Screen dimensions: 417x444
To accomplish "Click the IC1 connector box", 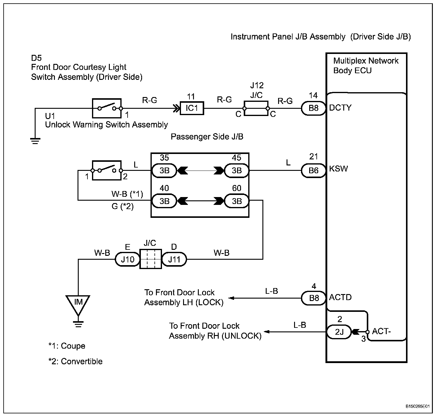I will (192, 108).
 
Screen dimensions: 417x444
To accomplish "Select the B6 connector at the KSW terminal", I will (313, 171).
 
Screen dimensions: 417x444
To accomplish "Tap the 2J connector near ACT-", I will (339, 332).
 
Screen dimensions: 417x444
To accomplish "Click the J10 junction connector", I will (127, 259).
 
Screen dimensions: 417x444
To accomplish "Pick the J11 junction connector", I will (174, 259).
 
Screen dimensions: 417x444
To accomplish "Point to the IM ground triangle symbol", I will (78, 303).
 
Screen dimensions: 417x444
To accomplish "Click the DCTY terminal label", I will (340, 108).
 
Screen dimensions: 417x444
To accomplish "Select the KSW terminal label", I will (338, 169).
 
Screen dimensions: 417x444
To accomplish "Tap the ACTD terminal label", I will (340, 297).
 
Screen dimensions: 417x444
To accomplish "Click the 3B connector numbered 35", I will (164, 171).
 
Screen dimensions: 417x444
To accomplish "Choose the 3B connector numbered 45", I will (237, 171).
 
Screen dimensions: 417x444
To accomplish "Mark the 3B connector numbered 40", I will (164, 201).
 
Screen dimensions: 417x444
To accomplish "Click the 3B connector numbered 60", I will (237, 201).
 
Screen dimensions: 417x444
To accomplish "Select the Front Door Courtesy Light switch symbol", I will (106, 108).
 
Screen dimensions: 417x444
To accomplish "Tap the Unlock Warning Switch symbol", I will (106, 170).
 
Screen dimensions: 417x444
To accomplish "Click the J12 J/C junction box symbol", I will (256, 108).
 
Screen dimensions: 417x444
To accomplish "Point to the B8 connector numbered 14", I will (313, 108).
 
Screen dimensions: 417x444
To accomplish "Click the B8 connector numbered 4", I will (313, 298).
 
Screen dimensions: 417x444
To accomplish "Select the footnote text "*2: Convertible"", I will (75, 361).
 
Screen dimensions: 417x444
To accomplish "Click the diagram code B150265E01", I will (417, 406).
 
